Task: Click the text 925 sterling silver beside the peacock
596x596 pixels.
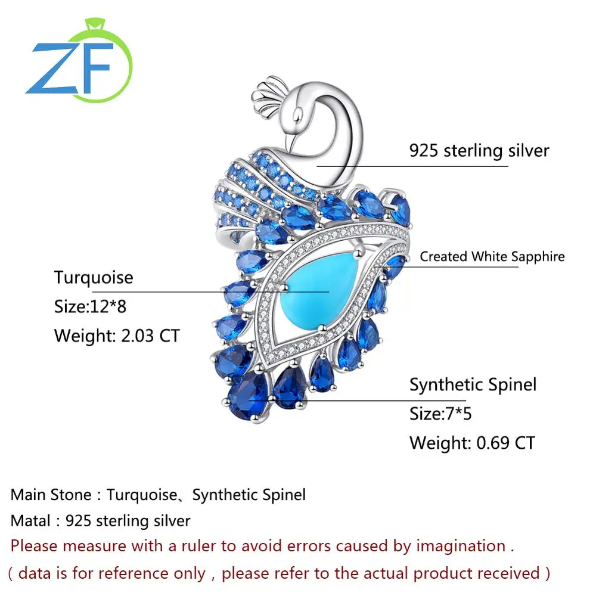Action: tap(479, 150)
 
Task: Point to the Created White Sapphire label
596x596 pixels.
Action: tap(492, 257)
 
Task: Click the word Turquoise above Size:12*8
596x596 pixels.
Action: tap(94, 278)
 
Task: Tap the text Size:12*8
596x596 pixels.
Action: tap(90, 307)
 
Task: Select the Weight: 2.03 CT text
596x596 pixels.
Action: tap(116, 336)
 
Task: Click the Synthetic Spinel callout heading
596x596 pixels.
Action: tap(473, 384)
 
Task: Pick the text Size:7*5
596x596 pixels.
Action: tap(440, 413)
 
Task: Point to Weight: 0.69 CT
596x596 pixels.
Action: tap(472, 443)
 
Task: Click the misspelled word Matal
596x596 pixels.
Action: tap(30, 520)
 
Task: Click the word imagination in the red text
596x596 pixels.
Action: tap(461, 546)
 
